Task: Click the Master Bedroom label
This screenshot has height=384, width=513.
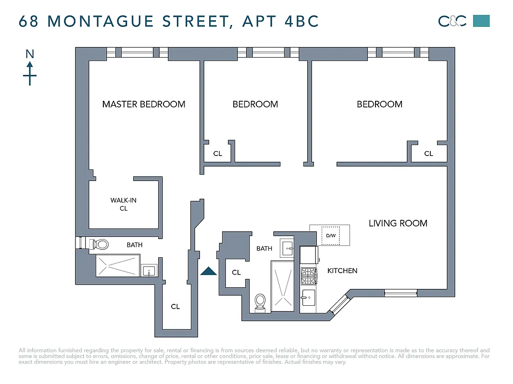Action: [143, 104]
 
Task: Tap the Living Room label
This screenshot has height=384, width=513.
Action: [398, 223]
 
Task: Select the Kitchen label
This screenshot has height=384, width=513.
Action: [342, 271]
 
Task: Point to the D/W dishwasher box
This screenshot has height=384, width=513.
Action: [330, 235]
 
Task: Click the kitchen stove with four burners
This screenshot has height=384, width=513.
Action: [308, 276]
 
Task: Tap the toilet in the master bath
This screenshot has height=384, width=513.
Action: [100, 244]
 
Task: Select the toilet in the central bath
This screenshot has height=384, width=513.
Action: [260, 301]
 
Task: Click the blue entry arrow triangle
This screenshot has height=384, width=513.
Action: [208, 271]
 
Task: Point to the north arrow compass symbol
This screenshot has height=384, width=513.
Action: [30, 67]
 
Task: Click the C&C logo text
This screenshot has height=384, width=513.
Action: [452, 21]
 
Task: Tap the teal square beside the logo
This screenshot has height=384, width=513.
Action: [481, 21]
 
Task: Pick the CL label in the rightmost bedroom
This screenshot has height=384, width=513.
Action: [428, 154]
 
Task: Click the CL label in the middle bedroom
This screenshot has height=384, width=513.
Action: [218, 154]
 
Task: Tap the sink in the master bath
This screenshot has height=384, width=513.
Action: [149, 271]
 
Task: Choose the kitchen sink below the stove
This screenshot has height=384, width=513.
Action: [308, 299]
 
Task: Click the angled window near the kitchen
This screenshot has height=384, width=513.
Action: [339, 304]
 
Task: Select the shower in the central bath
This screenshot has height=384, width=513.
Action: [282, 286]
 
